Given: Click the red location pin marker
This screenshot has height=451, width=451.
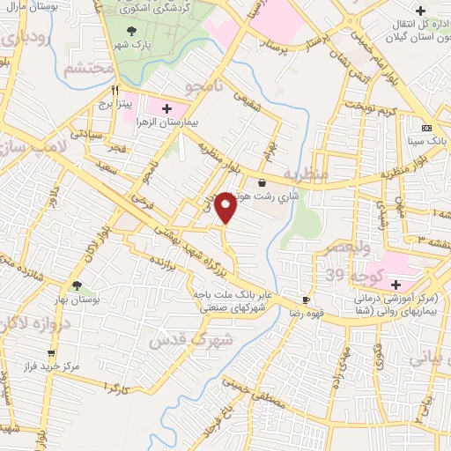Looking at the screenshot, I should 226,207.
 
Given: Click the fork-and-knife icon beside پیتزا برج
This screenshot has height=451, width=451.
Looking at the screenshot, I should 115,90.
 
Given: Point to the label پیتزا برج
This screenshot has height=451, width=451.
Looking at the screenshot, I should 115,104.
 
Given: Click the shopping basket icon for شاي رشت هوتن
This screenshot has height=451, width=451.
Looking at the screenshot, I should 262,182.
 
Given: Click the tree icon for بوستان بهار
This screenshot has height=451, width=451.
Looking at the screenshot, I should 77,285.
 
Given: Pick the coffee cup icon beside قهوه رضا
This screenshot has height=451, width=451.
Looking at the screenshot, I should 306,299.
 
